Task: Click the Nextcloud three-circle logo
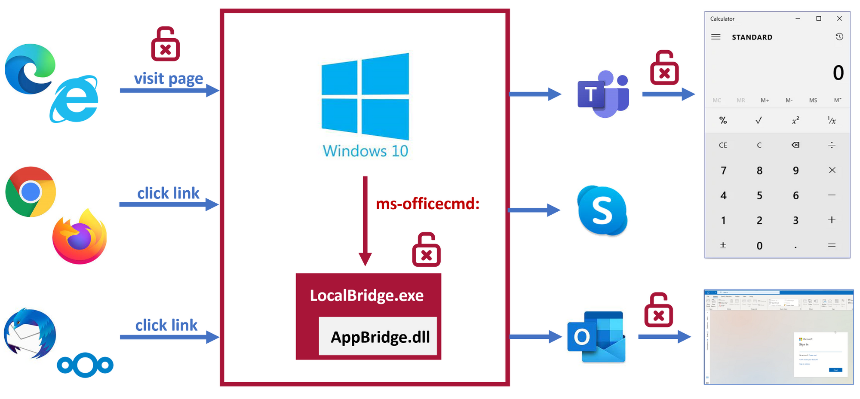[x=85, y=365]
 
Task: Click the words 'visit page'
[x=168, y=79]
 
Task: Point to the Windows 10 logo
[x=365, y=97]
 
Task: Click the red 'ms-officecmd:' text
[x=427, y=204]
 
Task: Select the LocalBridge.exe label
[x=366, y=295]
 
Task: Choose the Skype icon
[x=602, y=210]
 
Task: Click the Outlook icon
[x=596, y=337]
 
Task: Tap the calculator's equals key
[x=832, y=246]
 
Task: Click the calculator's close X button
[x=839, y=18]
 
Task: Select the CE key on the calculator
[x=723, y=145]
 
